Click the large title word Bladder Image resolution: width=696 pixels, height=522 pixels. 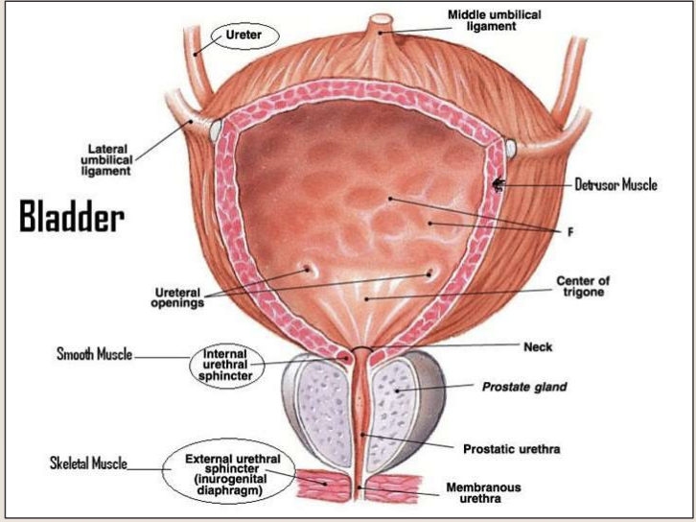point(72,218)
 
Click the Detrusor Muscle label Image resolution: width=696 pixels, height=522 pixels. point(615,184)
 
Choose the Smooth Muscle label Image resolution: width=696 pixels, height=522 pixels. point(94,355)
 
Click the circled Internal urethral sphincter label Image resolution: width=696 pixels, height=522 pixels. point(227,366)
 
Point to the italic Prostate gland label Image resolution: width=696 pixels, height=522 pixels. point(523,388)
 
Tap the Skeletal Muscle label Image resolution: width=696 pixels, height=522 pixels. point(88,464)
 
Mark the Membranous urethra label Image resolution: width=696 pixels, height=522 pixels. point(483,493)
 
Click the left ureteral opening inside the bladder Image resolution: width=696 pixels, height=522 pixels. point(309,271)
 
